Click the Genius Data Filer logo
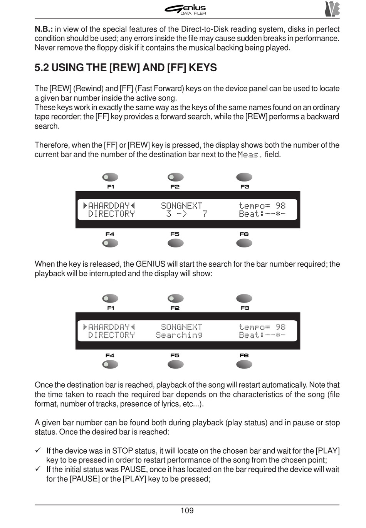[x=186, y=9]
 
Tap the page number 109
[x=187, y=511]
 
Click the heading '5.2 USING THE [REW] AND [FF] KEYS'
[x=126, y=67]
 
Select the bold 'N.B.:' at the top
[x=44, y=29]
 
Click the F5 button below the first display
[x=176, y=243]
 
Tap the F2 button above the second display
[x=176, y=299]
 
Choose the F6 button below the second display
[x=244, y=365]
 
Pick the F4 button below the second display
[x=110, y=365]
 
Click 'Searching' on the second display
[x=179, y=335]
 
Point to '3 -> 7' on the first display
[x=187, y=214]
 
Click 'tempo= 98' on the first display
[x=262, y=206]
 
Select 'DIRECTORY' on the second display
[x=111, y=335]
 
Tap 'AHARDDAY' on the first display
[x=109, y=206]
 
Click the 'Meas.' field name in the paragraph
[x=250, y=155]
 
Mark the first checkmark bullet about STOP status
[x=38, y=451]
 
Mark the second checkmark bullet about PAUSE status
[x=38, y=469]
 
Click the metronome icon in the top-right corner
[x=332, y=9]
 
